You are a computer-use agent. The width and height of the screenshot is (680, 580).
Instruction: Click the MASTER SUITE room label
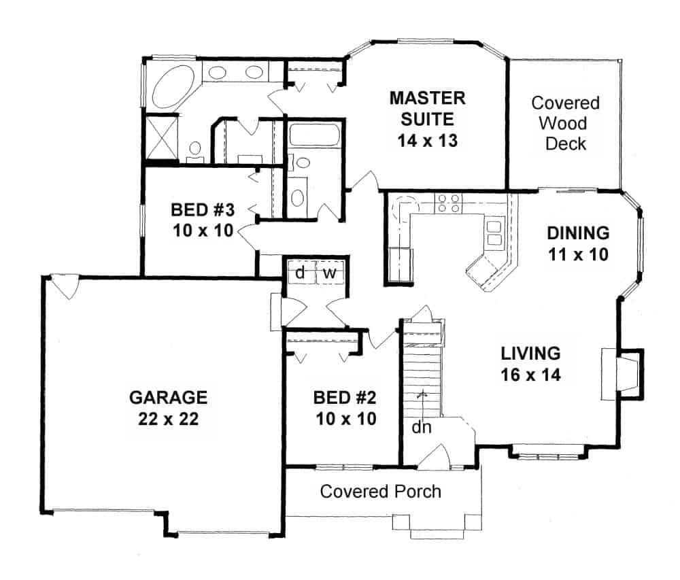pos(427,108)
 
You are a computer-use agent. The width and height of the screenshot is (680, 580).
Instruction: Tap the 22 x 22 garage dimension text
pos(168,419)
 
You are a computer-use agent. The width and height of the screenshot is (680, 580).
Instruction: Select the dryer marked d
pos(300,273)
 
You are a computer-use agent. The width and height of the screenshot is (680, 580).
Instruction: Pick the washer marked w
pos(330,273)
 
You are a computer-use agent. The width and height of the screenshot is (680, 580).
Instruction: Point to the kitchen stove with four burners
pos(448,203)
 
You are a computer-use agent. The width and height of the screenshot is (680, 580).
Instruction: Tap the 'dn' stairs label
pos(421,428)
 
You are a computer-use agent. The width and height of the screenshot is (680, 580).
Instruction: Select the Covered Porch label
pos(380,492)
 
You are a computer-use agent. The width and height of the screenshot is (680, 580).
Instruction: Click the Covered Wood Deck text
pos(566,123)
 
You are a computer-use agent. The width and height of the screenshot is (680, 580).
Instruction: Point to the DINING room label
pos(578,233)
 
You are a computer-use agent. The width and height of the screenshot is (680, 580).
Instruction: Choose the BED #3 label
pos(203,210)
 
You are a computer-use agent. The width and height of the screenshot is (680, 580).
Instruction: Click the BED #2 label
pos(345,398)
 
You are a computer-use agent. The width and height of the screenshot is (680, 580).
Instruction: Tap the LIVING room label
pos(531,354)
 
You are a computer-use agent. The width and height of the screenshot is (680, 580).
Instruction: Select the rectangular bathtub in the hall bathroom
pos(315,135)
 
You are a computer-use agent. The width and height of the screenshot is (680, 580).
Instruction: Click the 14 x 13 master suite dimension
pos(427,141)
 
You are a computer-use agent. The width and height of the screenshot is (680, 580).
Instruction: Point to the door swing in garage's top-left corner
pos(65,286)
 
